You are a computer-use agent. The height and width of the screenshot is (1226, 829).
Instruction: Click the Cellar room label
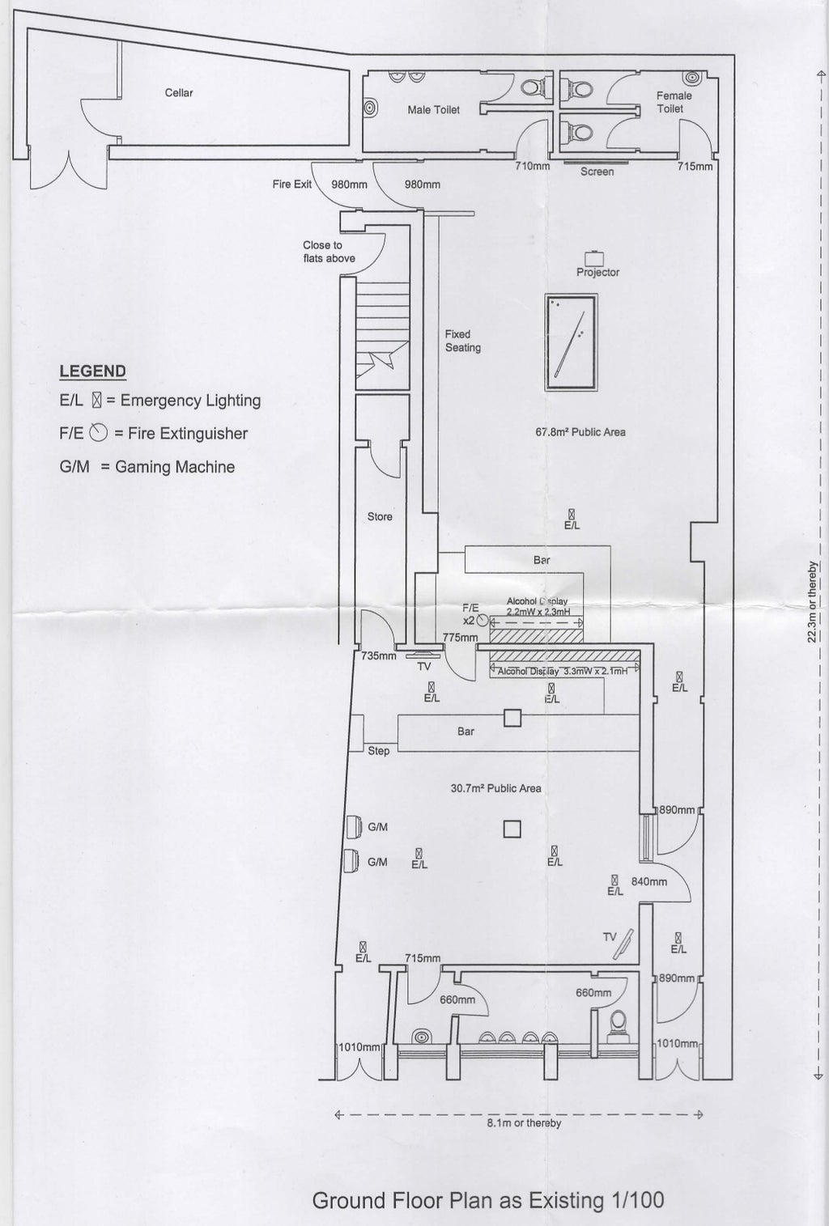(x=179, y=93)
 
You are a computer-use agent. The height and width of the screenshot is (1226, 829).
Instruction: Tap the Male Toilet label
(x=433, y=110)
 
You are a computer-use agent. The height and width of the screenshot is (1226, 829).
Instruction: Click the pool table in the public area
(x=571, y=343)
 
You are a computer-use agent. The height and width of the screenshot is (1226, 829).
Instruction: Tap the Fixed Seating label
(x=462, y=341)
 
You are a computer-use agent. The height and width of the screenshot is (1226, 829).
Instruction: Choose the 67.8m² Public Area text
(x=580, y=432)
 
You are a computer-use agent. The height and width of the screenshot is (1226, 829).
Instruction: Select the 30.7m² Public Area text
(x=495, y=788)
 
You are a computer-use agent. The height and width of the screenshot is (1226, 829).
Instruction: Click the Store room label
(x=380, y=516)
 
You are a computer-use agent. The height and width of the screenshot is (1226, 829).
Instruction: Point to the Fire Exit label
(x=291, y=185)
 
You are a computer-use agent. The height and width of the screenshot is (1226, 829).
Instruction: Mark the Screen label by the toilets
(x=597, y=172)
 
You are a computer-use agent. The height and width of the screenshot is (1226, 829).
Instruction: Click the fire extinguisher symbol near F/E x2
(x=483, y=620)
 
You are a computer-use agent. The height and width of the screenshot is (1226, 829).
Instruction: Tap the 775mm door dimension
(x=460, y=638)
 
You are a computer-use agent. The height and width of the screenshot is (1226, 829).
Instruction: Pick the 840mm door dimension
(x=648, y=881)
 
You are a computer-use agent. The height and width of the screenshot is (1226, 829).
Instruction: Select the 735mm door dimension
(x=378, y=655)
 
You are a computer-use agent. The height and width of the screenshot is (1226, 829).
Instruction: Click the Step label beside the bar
(x=378, y=751)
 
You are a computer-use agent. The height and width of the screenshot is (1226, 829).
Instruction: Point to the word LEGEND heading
(x=92, y=371)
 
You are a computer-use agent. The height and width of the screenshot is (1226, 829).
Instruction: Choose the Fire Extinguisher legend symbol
(x=99, y=433)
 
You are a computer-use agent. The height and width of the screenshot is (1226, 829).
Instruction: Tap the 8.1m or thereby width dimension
(x=524, y=1123)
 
